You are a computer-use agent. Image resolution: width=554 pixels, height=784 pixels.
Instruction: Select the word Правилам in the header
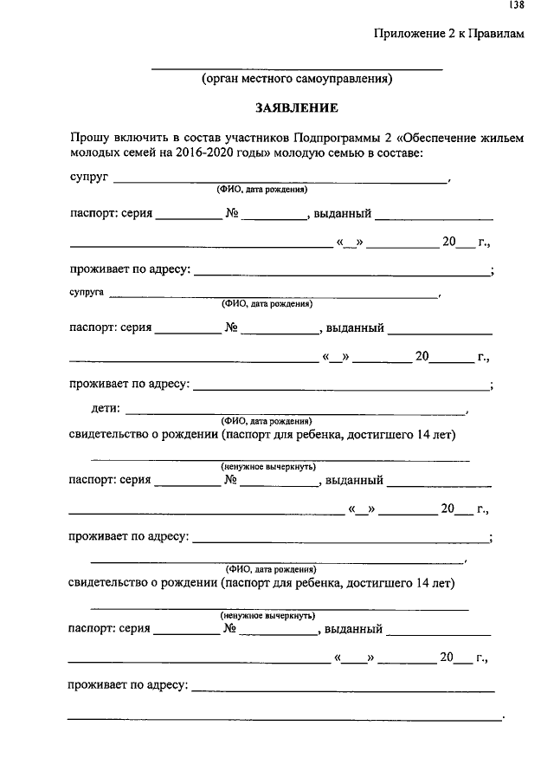[497, 34]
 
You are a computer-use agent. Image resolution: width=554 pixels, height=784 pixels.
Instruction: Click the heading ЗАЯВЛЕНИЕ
[296, 108]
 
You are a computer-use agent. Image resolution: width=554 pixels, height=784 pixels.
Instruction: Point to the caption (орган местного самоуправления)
[297, 80]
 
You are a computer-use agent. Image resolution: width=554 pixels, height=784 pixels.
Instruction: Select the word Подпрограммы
[334, 138]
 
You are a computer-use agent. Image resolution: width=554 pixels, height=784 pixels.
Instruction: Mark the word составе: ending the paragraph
[396, 152]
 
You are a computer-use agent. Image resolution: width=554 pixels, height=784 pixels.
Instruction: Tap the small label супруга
[87, 294]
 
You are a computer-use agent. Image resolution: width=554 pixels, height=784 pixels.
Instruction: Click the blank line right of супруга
[273, 297]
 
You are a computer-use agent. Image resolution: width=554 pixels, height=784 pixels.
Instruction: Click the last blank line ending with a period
[285, 718]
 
